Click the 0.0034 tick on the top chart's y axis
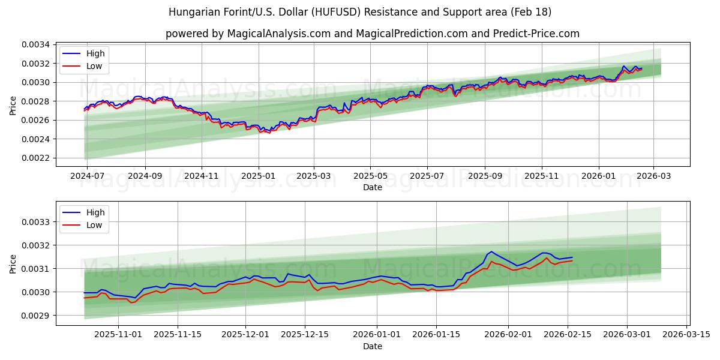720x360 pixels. pyautogui.click(x=37, y=44)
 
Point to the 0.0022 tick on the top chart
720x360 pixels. pyautogui.click(x=37, y=158)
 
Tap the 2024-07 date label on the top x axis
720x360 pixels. pyautogui.click(x=87, y=176)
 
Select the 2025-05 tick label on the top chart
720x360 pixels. pyautogui.click(x=370, y=176)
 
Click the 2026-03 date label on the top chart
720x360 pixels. pyautogui.click(x=653, y=176)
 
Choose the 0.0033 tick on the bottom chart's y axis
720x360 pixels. pyautogui.click(x=37, y=222)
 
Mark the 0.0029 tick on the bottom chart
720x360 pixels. pyautogui.click(x=37, y=316)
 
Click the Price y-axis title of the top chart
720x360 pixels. pyautogui.click(x=13, y=105)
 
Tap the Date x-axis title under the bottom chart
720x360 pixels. pyautogui.click(x=373, y=346)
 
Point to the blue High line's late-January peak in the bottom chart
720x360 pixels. pyautogui.click(x=491, y=251)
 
